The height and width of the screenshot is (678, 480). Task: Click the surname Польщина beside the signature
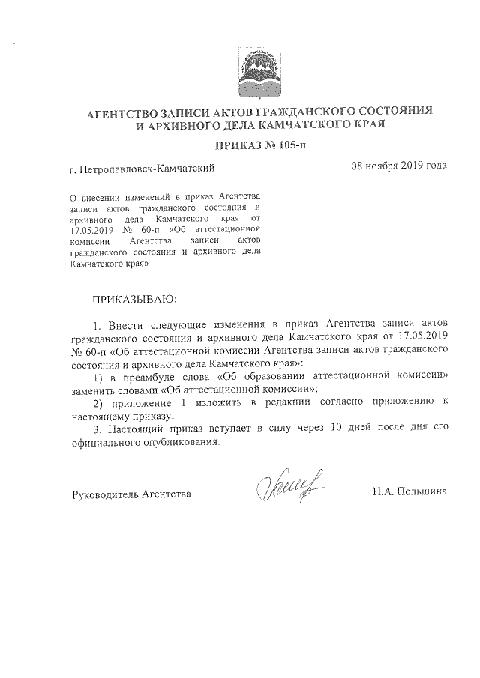tap(421, 492)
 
